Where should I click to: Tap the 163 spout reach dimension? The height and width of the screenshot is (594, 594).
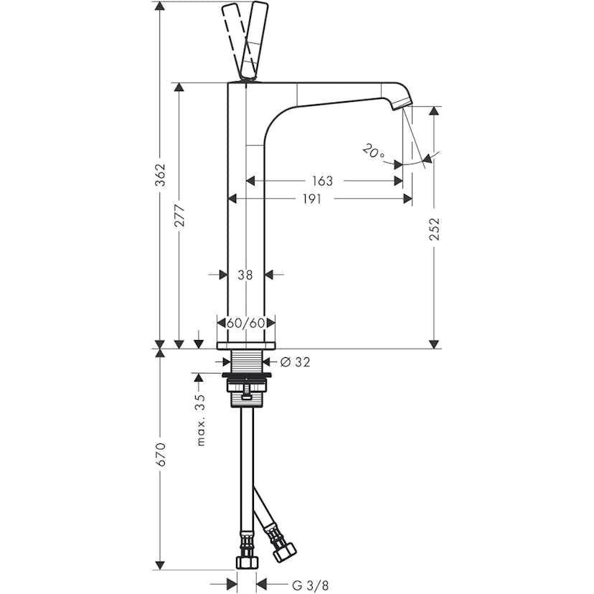(324, 181)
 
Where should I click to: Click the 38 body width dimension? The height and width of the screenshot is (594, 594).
(245, 274)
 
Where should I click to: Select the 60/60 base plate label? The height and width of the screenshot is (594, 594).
(245, 323)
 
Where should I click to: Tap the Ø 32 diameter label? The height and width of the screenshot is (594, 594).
(296, 362)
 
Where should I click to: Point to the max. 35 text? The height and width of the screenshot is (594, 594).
(201, 420)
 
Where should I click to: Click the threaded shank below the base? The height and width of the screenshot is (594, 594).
(246, 362)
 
